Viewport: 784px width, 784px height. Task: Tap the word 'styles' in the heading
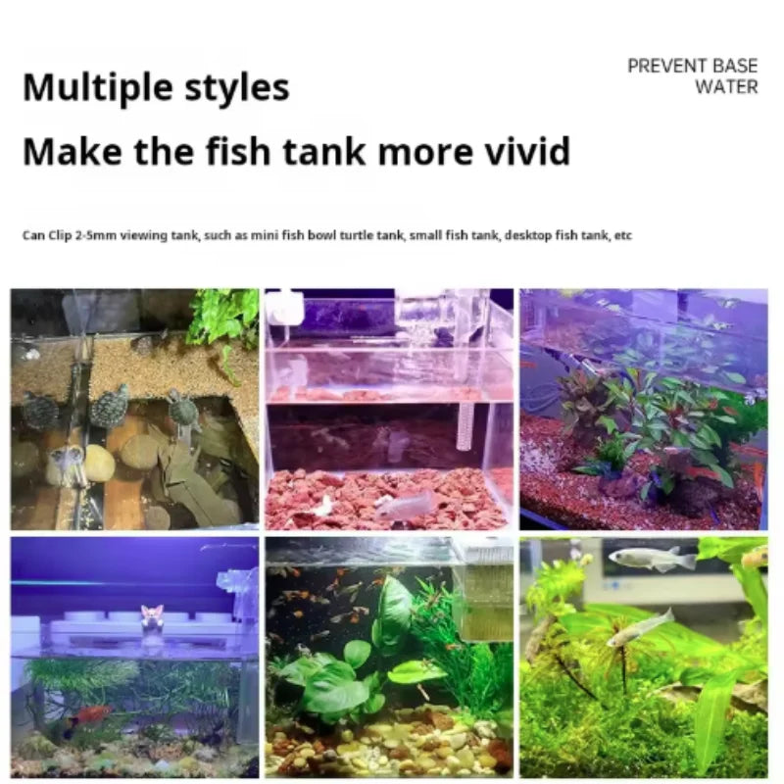(x=237, y=88)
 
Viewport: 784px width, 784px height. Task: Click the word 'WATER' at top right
(x=726, y=86)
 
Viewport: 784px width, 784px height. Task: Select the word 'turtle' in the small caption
(x=353, y=235)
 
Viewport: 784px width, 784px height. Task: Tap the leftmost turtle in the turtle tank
(x=38, y=410)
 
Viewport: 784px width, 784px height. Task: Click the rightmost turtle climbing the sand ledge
(x=183, y=409)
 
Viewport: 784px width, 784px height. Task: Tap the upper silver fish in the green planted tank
(x=652, y=558)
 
